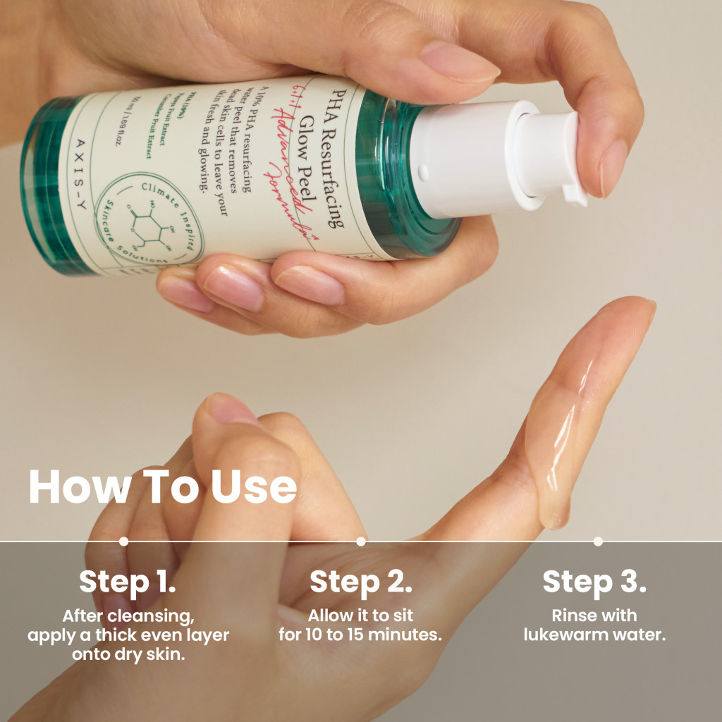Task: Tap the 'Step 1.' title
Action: [128, 582]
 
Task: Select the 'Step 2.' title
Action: [360, 582]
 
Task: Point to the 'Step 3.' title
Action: [594, 582]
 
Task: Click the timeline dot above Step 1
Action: [124, 541]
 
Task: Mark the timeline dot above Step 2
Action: [361, 541]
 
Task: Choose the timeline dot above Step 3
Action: [598, 541]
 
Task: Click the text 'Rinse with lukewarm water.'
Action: [594, 625]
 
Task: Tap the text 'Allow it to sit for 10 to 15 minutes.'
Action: [360, 625]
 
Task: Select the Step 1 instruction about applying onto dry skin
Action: [128, 635]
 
